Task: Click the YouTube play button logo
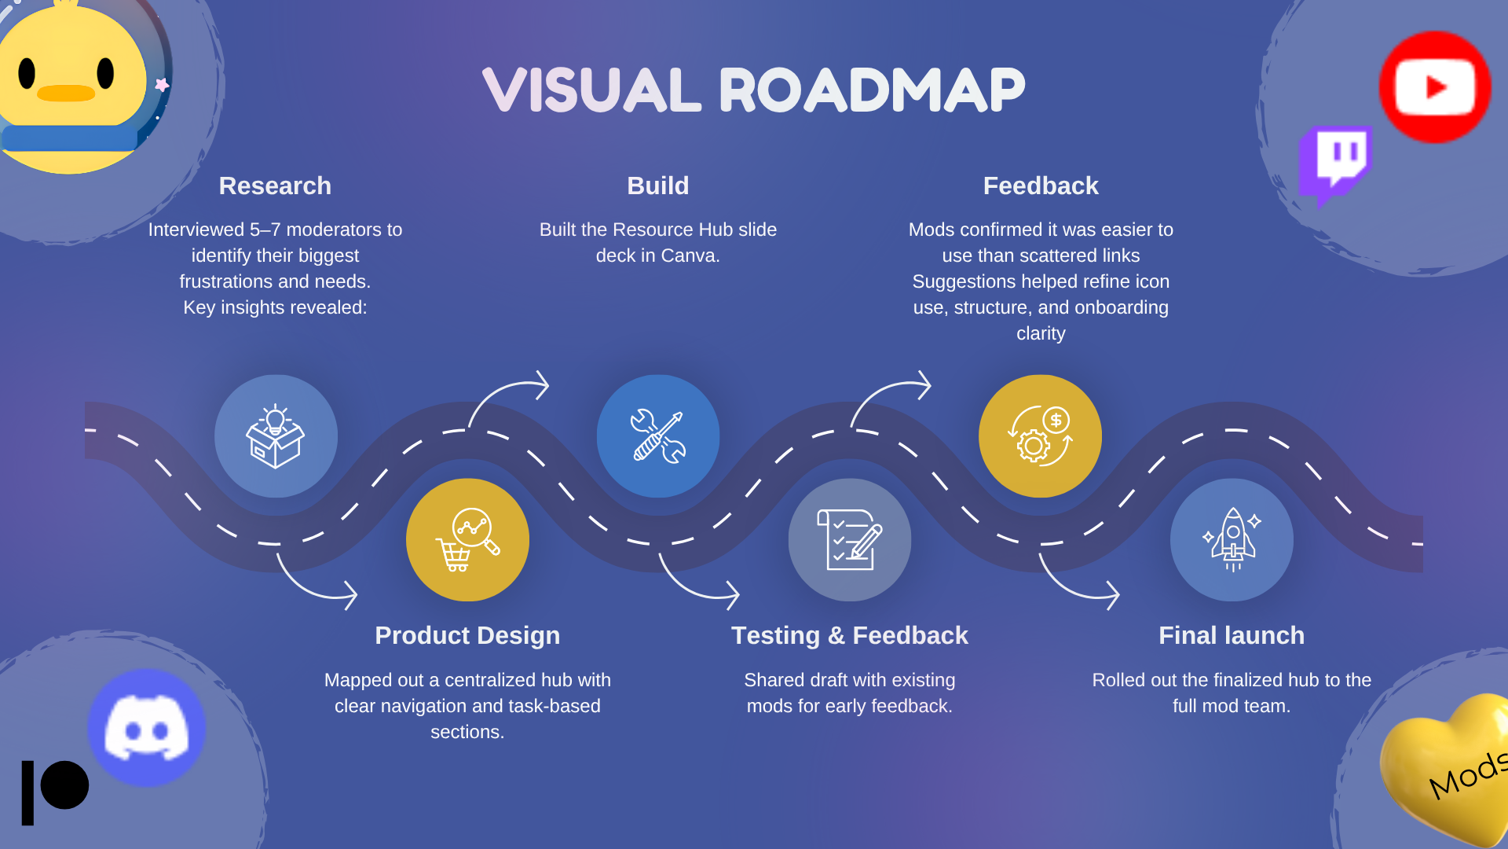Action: [x=1435, y=87]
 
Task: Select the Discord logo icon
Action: [x=147, y=727]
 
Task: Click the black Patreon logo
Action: [x=55, y=790]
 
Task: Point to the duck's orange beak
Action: [x=66, y=94]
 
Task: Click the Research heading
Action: [x=275, y=186]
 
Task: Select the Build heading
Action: [x=658, y=186]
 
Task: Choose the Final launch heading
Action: [x=1232, y=635]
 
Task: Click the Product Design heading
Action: [x=467, y=635]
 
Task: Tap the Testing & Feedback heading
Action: [x=850, y=635]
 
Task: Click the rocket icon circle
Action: [x=1232, y=540]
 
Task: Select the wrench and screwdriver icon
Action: [x=658, y=436]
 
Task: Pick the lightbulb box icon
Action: [x=276, y=436]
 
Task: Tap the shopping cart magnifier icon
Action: [x=467, y=540]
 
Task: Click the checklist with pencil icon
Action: [x=850, y=540]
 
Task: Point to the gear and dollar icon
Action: [x=1040, y=436]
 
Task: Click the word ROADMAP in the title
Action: [x=872, y=90]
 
